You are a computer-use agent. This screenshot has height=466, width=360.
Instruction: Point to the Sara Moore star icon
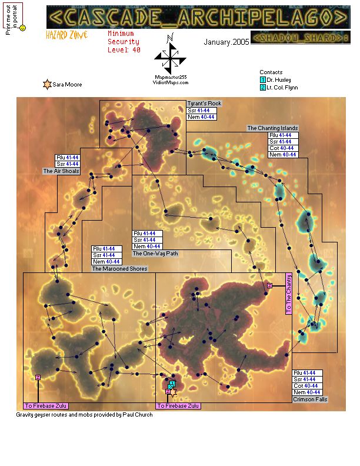[x=46, y=85]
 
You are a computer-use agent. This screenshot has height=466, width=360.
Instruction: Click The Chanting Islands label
[x=272, y=128]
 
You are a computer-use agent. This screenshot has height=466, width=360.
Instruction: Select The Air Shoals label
[x=61, y=171]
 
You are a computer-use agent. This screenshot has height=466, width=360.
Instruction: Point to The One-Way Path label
[x=155, y=254]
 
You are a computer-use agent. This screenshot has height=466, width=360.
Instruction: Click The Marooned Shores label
[x=119, y=268]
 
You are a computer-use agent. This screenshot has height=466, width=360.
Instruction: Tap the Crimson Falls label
[x=310, y=400]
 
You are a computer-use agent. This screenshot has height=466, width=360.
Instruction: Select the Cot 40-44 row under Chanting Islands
[x=282, y=148]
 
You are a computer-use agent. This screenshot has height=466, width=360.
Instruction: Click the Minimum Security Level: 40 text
[x=124, y=42]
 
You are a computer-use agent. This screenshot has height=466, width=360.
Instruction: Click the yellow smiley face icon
[x=22, y=28]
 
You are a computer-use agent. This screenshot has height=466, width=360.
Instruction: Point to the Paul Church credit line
[x=85, y=415]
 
